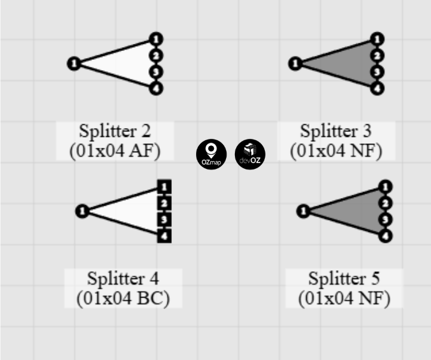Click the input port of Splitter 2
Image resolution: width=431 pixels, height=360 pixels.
(74, 63)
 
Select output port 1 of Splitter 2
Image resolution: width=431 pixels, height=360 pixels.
(156, 40)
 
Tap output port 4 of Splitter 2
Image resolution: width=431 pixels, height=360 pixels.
(156, 88)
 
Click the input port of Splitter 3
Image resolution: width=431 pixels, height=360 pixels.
(295, 63)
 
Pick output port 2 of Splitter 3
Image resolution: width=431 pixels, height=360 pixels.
(378, 55)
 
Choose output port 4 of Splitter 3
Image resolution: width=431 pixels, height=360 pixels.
(378, 88)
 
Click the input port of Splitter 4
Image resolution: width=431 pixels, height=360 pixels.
(82, 211)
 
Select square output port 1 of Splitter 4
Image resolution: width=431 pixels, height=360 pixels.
(164, 187)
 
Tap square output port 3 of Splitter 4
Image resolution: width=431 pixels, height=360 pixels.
(164, 220)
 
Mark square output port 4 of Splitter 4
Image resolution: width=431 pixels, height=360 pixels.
(164, 236)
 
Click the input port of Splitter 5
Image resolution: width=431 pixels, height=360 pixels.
(304, 211)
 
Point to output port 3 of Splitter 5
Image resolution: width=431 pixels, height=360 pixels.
(385, 220)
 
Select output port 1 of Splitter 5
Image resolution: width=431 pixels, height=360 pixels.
(385, 187)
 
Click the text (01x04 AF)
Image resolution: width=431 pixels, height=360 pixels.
(115, 151)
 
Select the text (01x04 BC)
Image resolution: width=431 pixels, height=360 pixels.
(123, 298)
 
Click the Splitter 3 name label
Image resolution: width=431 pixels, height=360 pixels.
(336, 132)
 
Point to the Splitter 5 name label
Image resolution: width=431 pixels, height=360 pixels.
(344, 279)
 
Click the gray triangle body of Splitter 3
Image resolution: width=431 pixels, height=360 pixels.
(347, 64)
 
